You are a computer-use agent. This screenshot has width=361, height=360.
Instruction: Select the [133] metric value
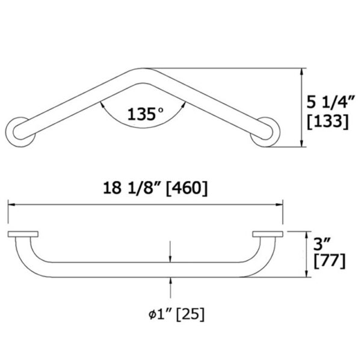pos(329,121)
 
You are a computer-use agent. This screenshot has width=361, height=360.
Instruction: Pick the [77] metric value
pos(329,261)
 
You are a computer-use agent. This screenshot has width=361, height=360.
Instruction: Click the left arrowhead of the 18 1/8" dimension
pos(10,205)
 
